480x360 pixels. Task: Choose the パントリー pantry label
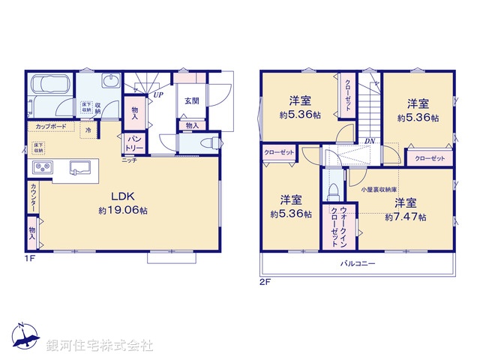coord(134,142)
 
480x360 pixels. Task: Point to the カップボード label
coord(51,126)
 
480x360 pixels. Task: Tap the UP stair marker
coord(158,95)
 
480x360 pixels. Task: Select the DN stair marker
coord(370,140)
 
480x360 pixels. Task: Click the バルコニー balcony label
coord(358,264)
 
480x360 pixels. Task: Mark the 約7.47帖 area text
coord(406,217)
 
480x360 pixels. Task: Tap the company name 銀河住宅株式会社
coord(100,346)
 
